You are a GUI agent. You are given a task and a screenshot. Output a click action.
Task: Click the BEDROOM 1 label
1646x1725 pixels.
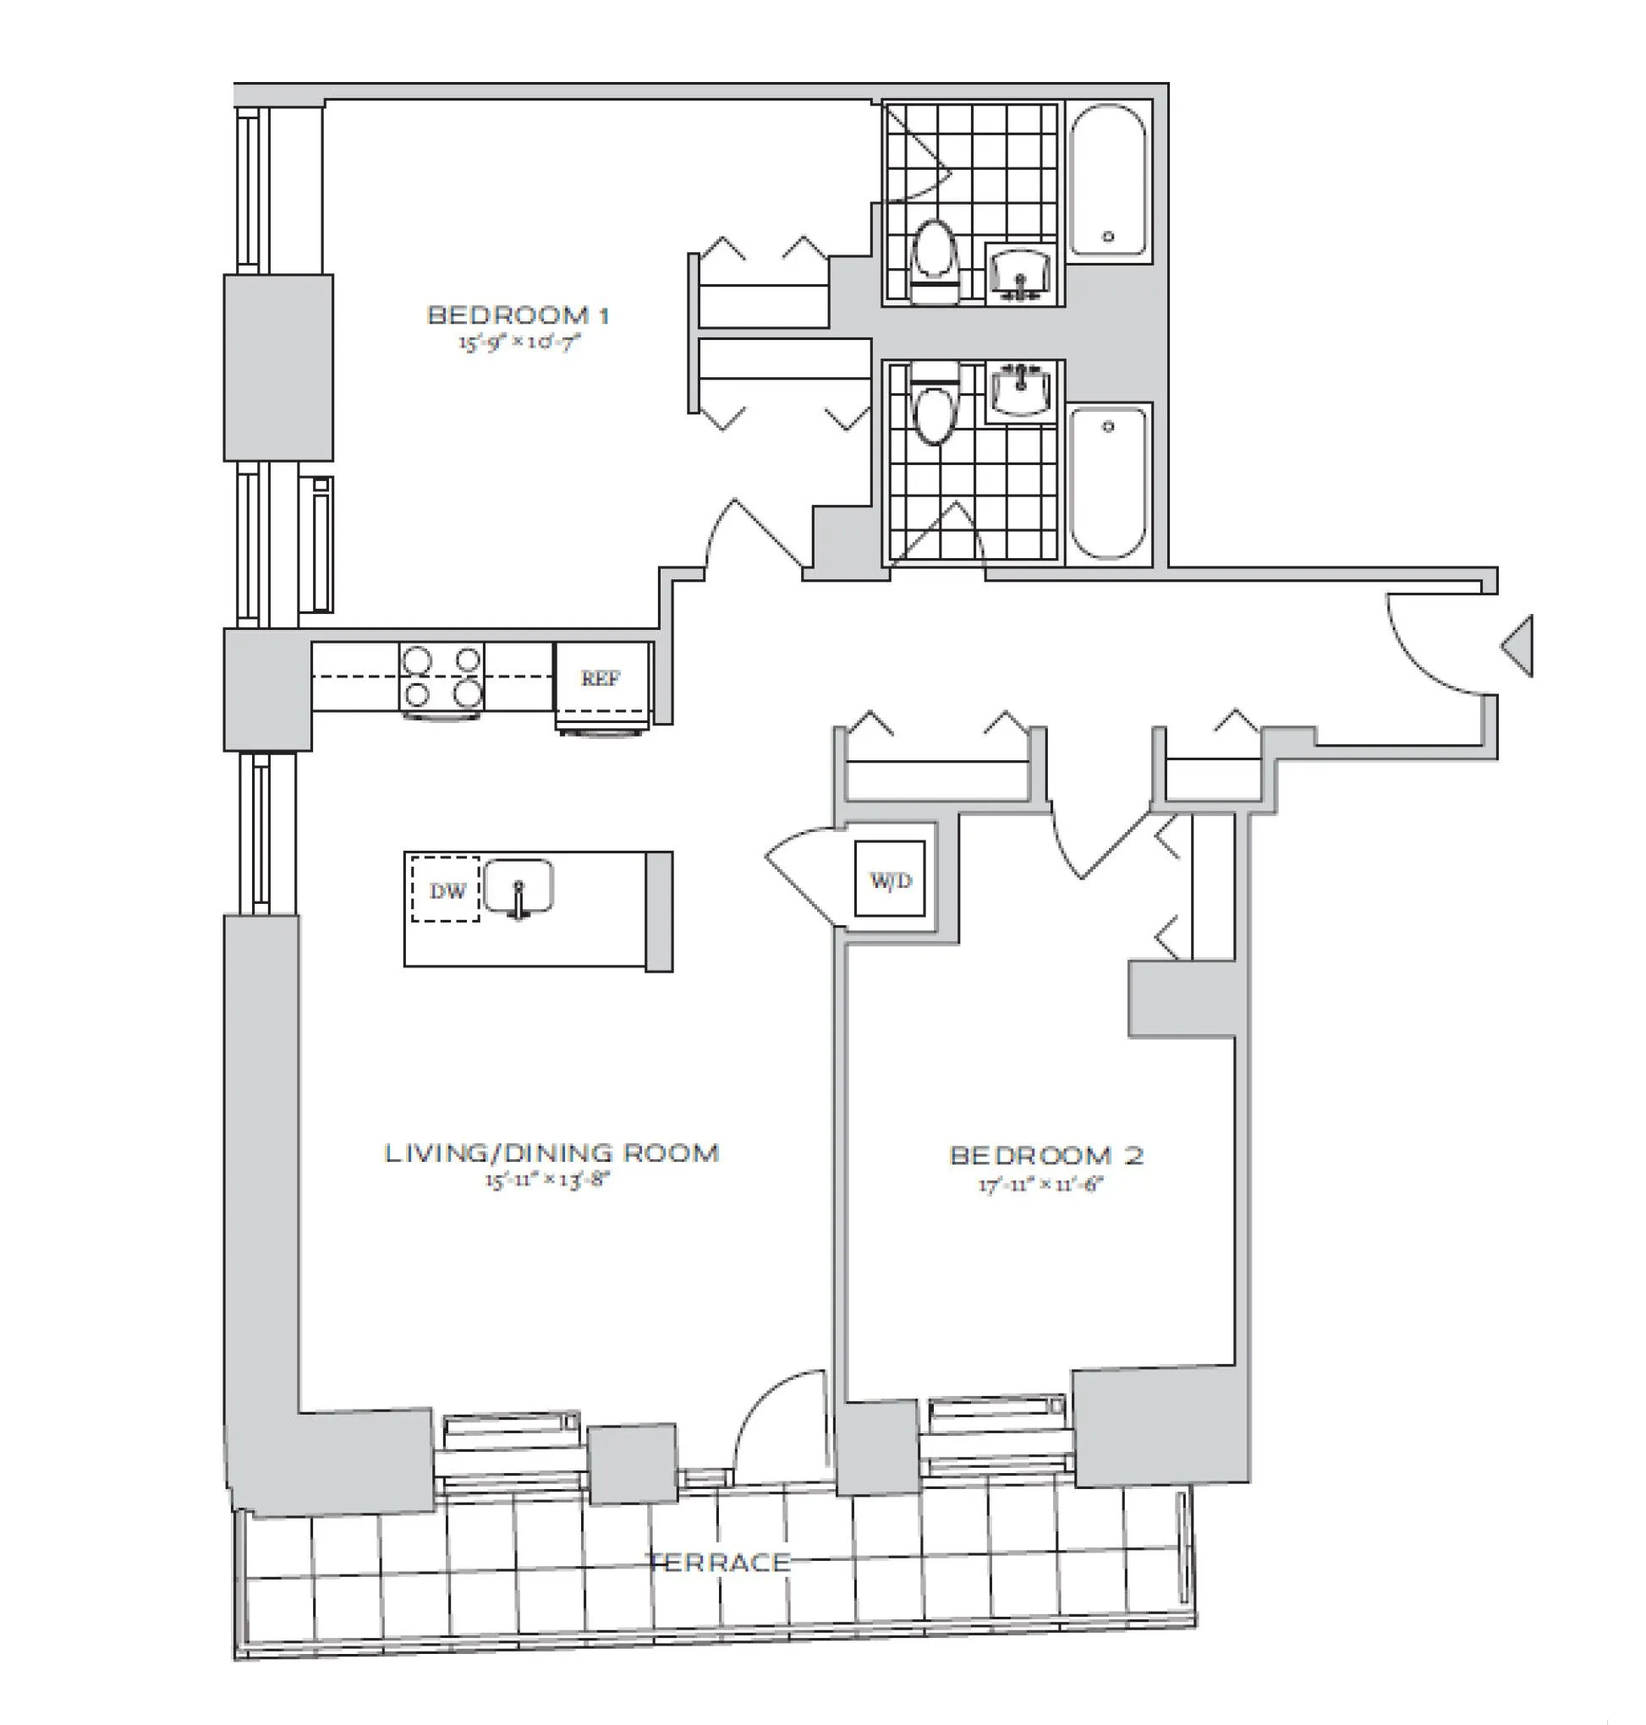(x=518, y=315)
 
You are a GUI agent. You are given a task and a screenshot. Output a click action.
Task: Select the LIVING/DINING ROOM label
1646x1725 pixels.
(x=551, y=1153)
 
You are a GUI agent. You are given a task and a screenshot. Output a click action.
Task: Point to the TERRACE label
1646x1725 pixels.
(x=719, y=1562)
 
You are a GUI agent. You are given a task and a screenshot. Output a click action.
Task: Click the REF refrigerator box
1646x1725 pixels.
(x=602, y=679)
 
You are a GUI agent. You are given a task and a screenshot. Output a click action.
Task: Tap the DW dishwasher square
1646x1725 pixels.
(x=446, y=891)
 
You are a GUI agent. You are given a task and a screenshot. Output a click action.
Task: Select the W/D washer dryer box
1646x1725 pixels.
(x=891, y=879)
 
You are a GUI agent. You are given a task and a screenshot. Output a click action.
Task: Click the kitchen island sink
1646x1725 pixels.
(x=518, y=888)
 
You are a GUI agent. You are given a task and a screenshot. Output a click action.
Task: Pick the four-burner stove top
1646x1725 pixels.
(x=442, y=678)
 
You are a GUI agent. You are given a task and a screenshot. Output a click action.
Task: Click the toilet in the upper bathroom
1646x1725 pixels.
(x=933, y=259)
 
